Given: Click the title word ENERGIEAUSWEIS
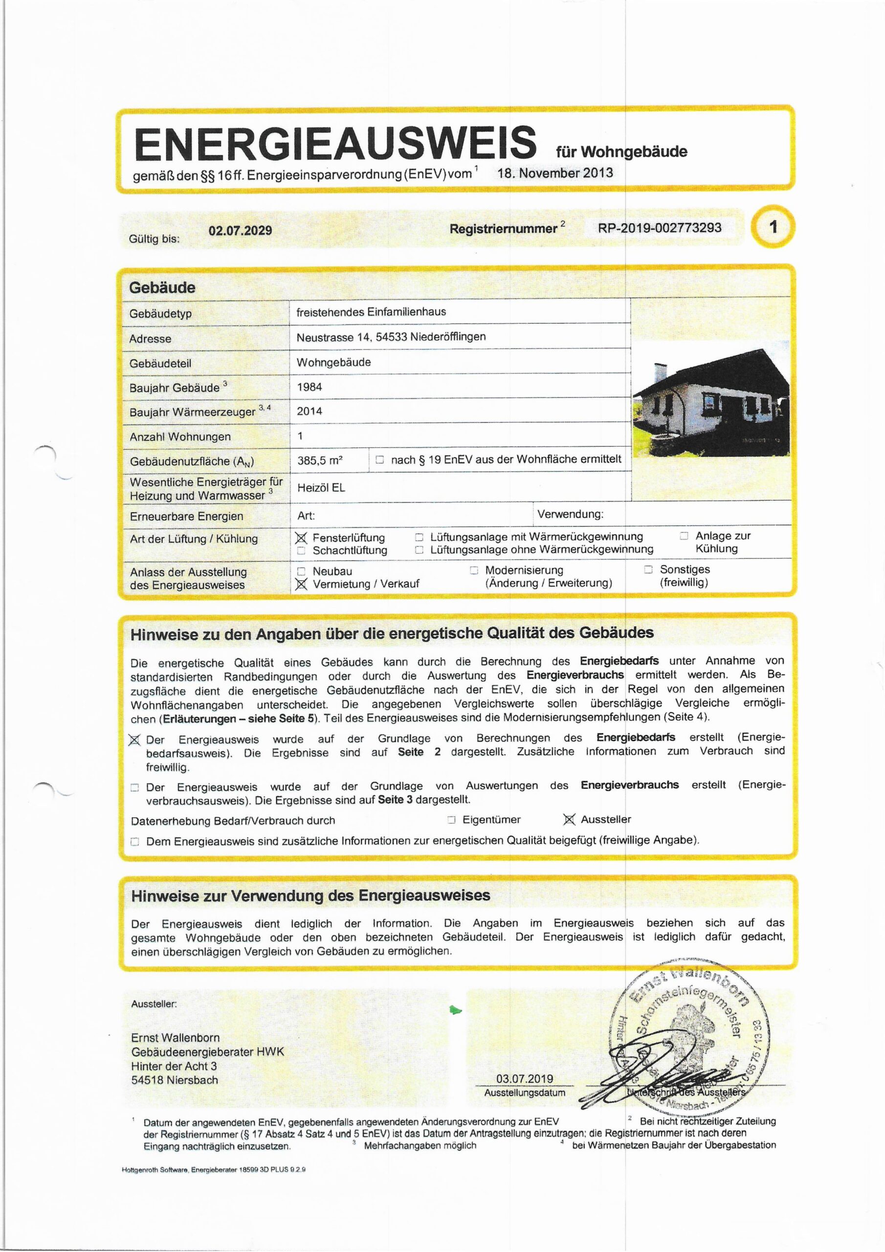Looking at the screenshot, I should pyautogui.click(x=335, y=143).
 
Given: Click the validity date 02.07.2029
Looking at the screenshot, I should pyautogui.click(x=240, y=230).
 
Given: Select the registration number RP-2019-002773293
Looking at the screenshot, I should pyautogui.click(x=659, y=227).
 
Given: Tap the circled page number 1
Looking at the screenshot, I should pyautogui.click(x=773, y=227).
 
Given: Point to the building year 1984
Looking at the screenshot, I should pyautogui.click(x=309, y=387).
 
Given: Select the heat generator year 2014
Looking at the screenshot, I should pyautogui.click(x=309, y=411).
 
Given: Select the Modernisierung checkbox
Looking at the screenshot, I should pyautogui.click(x=474, y=570).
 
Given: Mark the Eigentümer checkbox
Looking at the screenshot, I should pyautogui.click(x=451, y=820).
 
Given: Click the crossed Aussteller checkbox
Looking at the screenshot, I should pyautogui.click(x=569, y=820).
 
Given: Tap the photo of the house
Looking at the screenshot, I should pyautogui.click(x=710, y=402).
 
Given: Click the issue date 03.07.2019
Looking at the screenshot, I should pyautogui.click(x=525, y=1078).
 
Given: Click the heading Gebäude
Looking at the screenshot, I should pyautogui.click(x=162, y=288).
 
